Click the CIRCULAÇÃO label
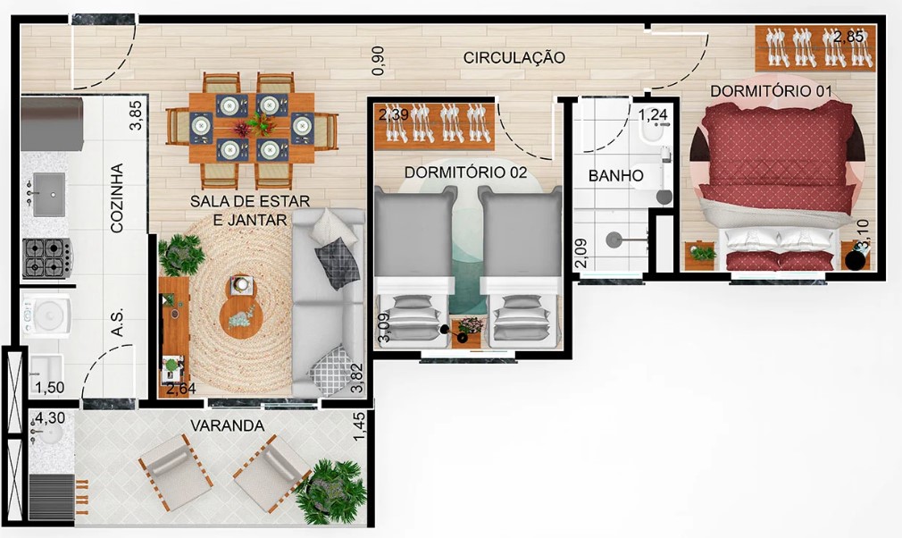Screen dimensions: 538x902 click(514, 58)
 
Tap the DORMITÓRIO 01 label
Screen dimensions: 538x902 click(771, 91)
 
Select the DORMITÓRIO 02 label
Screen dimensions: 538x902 click(465, 172)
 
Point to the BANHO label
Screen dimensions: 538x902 click(615, 176)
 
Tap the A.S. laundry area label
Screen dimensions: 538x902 click(116, 324)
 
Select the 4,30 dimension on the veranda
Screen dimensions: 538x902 click(51, 416)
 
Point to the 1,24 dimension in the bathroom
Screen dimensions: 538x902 click(652, 113)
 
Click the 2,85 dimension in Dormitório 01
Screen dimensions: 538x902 click(848, 38)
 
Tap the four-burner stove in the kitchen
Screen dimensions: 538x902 click(46, 257)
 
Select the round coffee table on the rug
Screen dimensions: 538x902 click(243, 309)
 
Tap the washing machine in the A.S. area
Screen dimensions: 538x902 click(46, 315)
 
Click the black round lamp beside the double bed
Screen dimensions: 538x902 click(856, 260)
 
